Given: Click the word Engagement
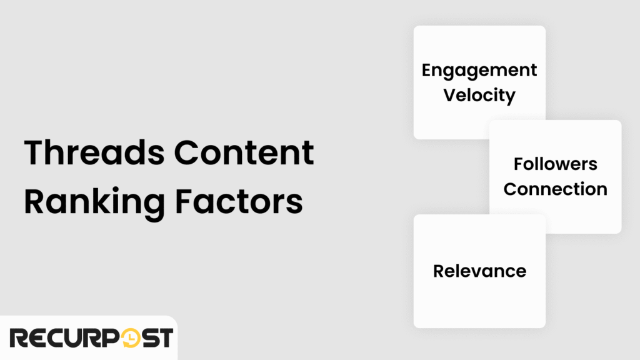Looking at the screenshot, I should [479, 70].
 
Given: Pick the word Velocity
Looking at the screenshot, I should [479, 95].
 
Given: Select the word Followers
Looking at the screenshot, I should [556, 164].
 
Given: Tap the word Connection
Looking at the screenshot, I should [556, 189].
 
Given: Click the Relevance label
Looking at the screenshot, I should [479, 271].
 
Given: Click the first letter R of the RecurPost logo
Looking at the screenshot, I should [19, 338].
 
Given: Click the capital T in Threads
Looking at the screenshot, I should [35, 153].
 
